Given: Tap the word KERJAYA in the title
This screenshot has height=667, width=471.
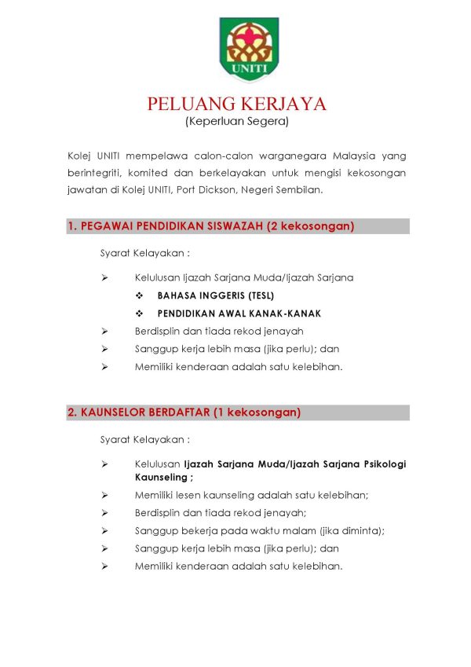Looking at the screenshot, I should coord(284,104).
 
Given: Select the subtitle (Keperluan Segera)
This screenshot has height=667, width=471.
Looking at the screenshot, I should coord(237,122).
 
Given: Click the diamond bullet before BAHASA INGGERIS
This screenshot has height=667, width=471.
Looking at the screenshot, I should coord(139,295).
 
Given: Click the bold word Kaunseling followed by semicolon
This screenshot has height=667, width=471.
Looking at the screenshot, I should coord(162,477).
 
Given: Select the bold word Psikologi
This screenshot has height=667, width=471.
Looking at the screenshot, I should coord(380,464).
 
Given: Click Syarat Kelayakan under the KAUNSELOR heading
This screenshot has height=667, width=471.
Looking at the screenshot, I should coord(145,438).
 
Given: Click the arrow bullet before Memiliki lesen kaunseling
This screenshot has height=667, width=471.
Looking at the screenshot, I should coord(104,495).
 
